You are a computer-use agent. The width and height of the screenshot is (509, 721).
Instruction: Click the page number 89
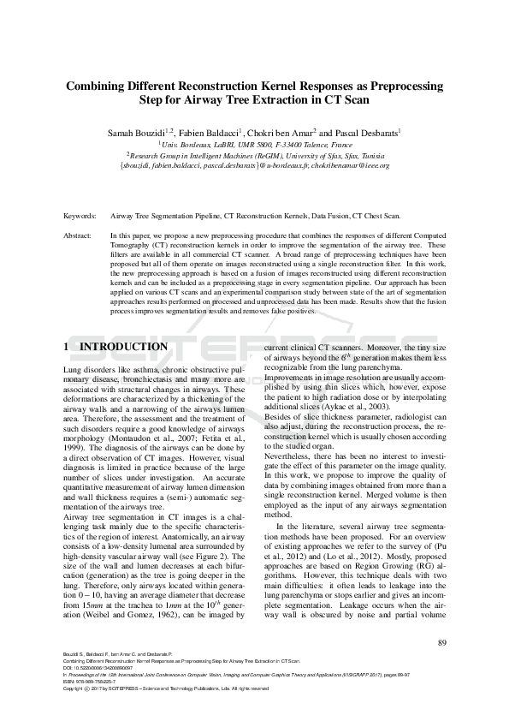[x=441, y=643]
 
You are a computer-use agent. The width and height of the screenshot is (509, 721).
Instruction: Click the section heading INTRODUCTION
[x=123, y=347]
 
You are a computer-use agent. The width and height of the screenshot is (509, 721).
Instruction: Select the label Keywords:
[x=80, y=217]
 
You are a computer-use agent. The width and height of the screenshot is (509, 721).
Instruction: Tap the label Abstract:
[x=79, y=234]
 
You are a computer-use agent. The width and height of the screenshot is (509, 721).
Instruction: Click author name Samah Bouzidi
[x=138, y=134]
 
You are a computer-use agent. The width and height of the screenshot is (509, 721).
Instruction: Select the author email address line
[x=254, y=165]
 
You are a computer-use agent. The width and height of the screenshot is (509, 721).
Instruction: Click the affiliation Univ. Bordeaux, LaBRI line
[x=254, y=145]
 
